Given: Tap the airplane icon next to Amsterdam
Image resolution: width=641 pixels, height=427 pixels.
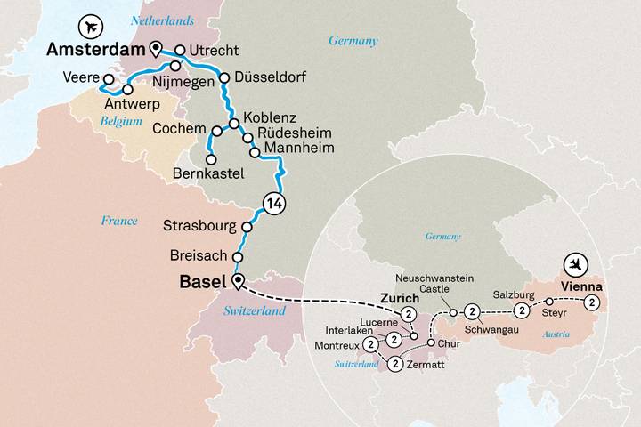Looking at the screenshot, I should (90, 24).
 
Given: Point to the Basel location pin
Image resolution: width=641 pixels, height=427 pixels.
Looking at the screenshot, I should (237, 282).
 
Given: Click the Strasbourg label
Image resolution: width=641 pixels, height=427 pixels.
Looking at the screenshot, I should (199, 224).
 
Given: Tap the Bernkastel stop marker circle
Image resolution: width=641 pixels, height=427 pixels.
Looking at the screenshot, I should (211, 160).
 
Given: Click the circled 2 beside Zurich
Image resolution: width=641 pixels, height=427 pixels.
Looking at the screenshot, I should (410, 314).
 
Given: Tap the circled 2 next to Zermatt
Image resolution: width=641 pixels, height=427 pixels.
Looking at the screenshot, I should (394, 362).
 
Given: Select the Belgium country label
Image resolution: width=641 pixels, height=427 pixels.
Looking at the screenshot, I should (122, 118).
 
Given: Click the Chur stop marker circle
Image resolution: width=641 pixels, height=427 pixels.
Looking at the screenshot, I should (432, 342).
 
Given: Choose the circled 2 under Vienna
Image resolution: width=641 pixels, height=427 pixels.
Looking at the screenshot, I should (593, 304).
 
